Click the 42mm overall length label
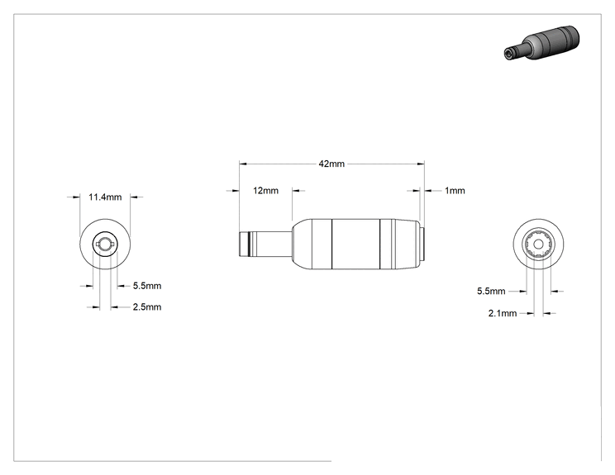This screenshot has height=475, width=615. coord(331,164)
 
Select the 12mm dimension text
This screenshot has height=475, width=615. coord(265,191)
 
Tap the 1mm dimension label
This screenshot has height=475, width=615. coord(455,191)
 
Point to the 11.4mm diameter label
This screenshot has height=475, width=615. coord(105,197)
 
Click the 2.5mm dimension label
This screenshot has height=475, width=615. coord(146,306)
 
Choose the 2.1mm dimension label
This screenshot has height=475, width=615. coord(503,313)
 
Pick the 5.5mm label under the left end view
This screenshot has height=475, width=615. coord(146,286)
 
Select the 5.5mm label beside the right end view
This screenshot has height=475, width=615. coord(491,291)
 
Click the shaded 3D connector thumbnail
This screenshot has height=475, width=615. coord(541,43)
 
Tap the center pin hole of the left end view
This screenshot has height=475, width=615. coord(105,245)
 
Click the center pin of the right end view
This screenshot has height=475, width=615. coord(538,245)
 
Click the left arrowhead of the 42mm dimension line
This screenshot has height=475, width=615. coord(243,164)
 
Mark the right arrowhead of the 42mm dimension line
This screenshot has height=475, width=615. coord(421,164)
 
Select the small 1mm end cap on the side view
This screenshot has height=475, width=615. coord(422,245)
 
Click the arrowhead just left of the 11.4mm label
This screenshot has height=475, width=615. coord(77,197)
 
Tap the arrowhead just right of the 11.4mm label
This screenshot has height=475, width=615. coord(134,197)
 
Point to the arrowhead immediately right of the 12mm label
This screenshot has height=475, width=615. coord(296,191)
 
